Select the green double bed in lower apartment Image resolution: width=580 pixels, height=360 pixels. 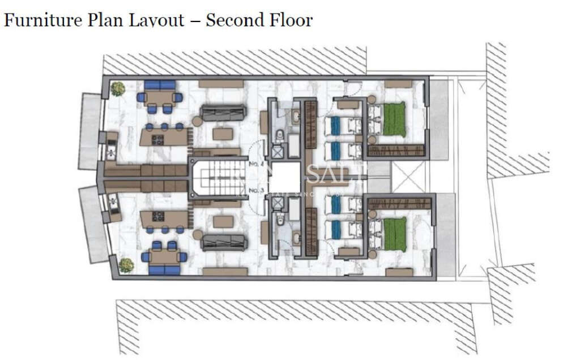click(394, 234)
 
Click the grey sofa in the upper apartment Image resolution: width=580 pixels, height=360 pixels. click(223, 113)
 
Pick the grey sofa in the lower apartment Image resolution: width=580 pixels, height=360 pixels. click(224, 242)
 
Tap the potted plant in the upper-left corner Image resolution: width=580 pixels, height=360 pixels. click(118, 88)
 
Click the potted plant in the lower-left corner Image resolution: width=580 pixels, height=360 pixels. click(126, 264)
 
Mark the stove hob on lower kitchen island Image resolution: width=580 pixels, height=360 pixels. click(157, 216)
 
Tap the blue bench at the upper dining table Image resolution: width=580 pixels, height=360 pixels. click(160, 85)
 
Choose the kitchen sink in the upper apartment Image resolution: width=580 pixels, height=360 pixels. click(110, 152)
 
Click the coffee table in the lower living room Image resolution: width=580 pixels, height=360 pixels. click(223, 221)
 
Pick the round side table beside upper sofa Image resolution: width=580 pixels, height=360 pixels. click(198, 121)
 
